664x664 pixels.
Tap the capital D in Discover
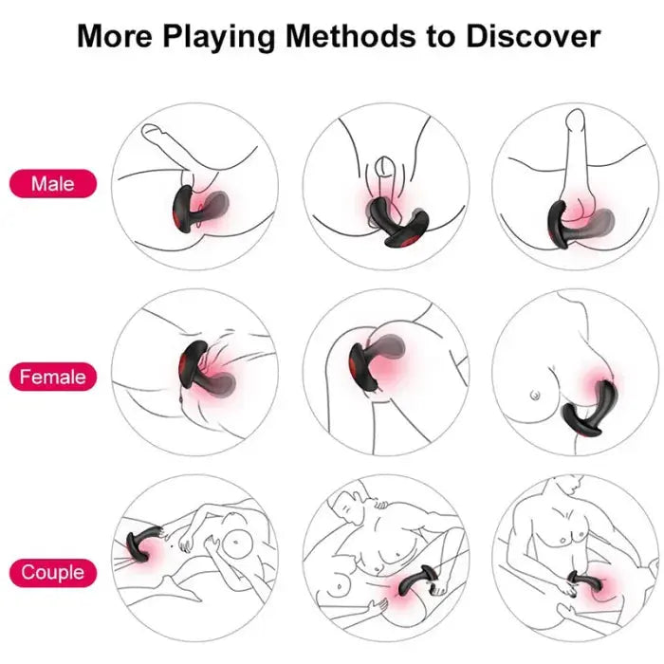click(475, 37)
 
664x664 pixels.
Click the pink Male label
click(53, 183)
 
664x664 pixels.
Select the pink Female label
click(53, 377)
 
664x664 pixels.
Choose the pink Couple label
click(53, 572)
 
